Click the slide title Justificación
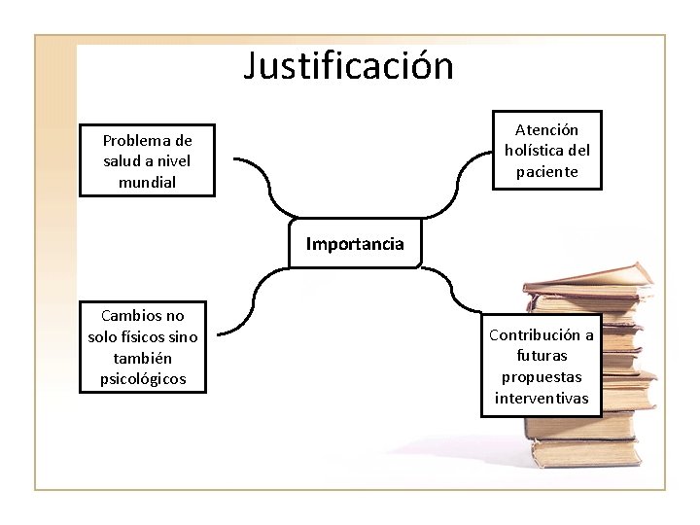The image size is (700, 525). tap(349, 66)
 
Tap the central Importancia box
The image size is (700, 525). tap(355, 244)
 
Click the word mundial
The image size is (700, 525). tap(147, 182)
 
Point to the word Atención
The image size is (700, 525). tap(546, 129)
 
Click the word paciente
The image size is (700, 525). tap(546, 172)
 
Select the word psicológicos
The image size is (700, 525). tap(143, 378)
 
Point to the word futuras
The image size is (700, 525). tap(542, 356)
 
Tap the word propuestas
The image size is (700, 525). tap(542, 377)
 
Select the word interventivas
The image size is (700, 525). tap(542, 399)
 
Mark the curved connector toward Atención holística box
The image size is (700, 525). tap(457, 180)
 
